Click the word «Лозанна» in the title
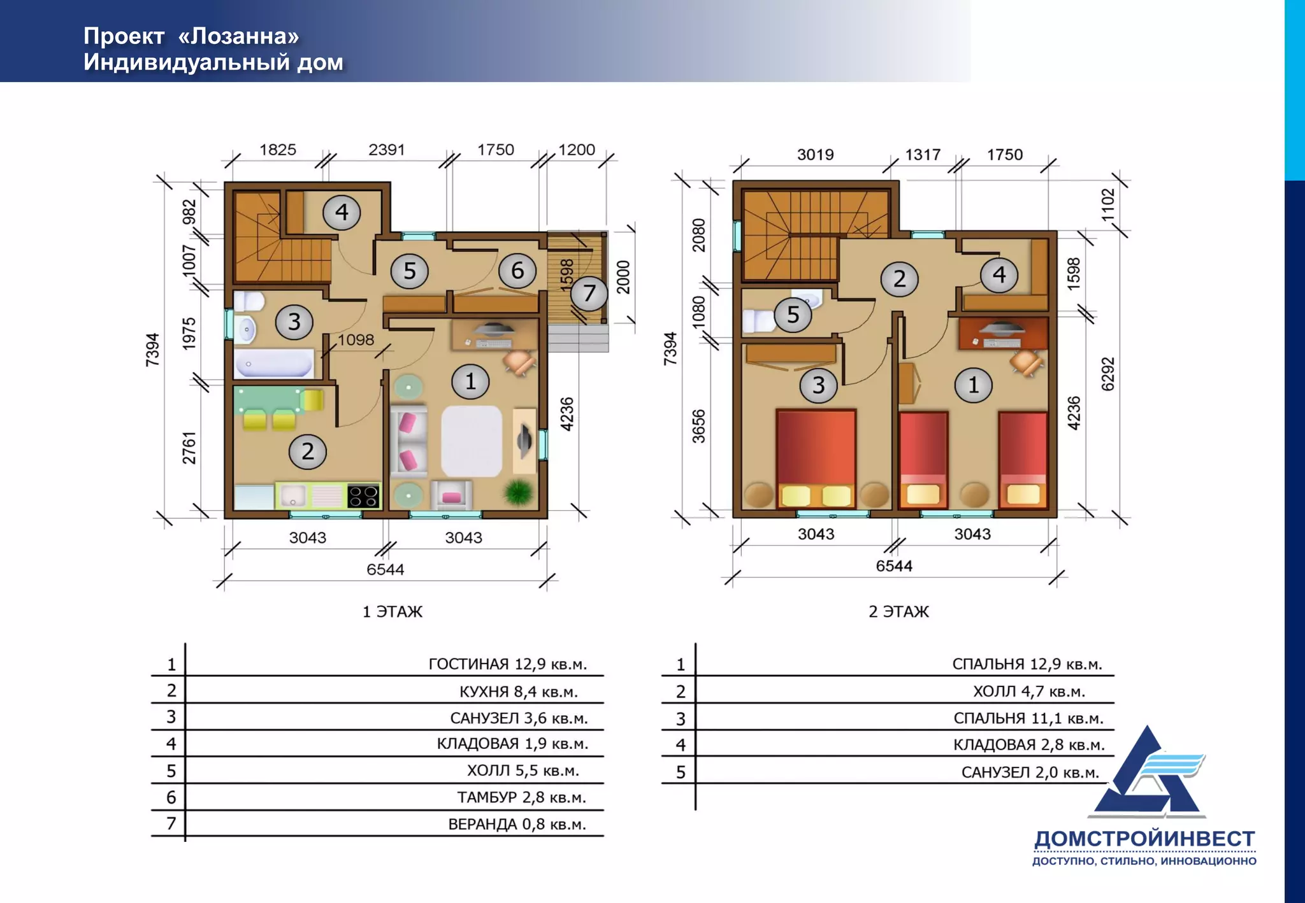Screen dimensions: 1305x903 (x=238, y=36)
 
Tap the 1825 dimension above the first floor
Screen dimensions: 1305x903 (x=278, y=150)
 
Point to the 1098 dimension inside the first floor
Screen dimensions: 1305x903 (x=356, y=339)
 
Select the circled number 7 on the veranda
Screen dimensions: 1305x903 (x=589, y=293)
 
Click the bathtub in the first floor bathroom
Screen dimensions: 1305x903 (x=275, y=364)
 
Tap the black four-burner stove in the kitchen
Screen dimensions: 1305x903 (x=364, y=496)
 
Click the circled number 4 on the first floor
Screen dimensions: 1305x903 (x=342, y=212)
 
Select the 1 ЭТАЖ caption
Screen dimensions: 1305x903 (x=393, y=611)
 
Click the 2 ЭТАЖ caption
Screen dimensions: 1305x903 (x=898, y=611)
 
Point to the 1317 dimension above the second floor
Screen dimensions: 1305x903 (x=923, y=155)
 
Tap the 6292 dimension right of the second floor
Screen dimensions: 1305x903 (x=1108, y=374)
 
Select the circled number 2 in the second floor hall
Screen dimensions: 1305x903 (x=900, y=278)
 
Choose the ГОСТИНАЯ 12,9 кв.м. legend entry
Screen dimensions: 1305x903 (x=507, y=664)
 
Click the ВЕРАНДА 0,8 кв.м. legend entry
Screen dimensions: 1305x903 (x=517, y=824)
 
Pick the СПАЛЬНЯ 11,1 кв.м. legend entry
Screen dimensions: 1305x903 (x=1028, y=718)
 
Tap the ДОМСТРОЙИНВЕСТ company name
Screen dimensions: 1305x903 (x=1144, y=839)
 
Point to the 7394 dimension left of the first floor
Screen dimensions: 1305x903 (x=152, y=350)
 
